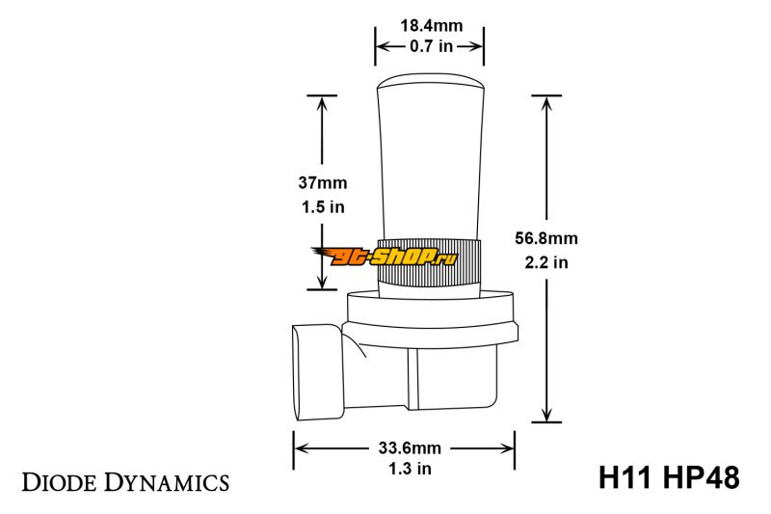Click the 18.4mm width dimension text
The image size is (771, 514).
coord(431,26)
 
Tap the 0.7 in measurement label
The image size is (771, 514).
coord(431,46)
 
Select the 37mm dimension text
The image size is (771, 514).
coord(323,183)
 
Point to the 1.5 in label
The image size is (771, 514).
coord(323,207)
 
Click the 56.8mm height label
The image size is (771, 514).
coord(546,238)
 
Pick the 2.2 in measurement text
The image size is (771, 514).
coord(546,262)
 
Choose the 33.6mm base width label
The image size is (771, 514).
coord(410,448)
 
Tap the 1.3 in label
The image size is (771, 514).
coord(411,469)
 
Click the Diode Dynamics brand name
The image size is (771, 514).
coord(125,482)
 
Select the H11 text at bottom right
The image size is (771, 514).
coord(625,477)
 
